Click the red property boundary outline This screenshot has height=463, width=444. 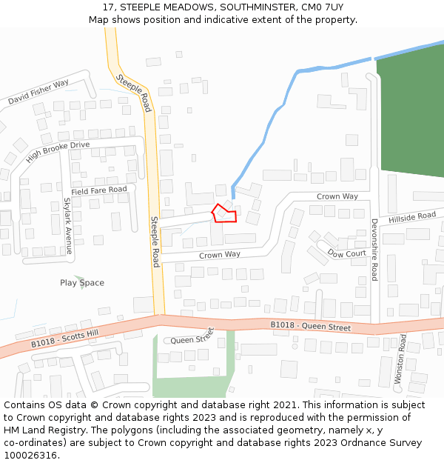tap(225, 214)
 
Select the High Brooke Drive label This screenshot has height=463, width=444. tap(57, 152)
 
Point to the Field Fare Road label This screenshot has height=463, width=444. tap(99, 190)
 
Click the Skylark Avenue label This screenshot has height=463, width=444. tap(67, 226)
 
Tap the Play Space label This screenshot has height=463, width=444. tap(82, 283)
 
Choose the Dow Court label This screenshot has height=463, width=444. tap(347, 253)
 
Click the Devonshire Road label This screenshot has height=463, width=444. tap(374, 249)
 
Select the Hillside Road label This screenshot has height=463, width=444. tap(412, 216)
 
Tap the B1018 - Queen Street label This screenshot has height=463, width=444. tap(310, 325)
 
